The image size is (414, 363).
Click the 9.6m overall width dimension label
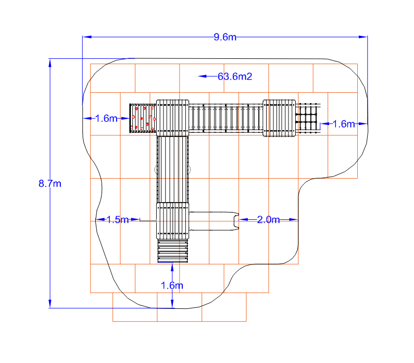[225, 37]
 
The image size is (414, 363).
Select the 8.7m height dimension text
[50, 183]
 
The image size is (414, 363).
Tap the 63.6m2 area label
[235, 77]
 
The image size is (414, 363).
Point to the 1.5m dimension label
[118, 220]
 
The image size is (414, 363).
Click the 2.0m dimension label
[268, 220]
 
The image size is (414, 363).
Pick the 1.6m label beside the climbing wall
[106, 119]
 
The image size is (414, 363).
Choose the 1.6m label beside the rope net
[344, 124]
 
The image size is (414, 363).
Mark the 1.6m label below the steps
[172, 285]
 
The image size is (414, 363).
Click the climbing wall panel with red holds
[143, 118]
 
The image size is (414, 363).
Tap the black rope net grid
[308, 118]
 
